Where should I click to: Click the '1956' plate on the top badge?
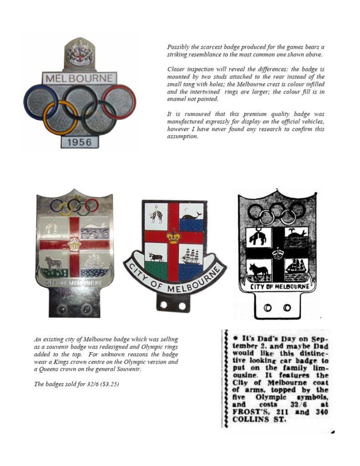point(80,142)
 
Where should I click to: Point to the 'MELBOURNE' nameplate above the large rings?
point(80,78)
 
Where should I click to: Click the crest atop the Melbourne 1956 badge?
point(79,54)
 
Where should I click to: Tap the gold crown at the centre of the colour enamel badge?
point(173,236)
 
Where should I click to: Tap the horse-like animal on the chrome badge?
point(53,263)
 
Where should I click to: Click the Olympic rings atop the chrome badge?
point(74,206)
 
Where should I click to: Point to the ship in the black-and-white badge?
point(295,267)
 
